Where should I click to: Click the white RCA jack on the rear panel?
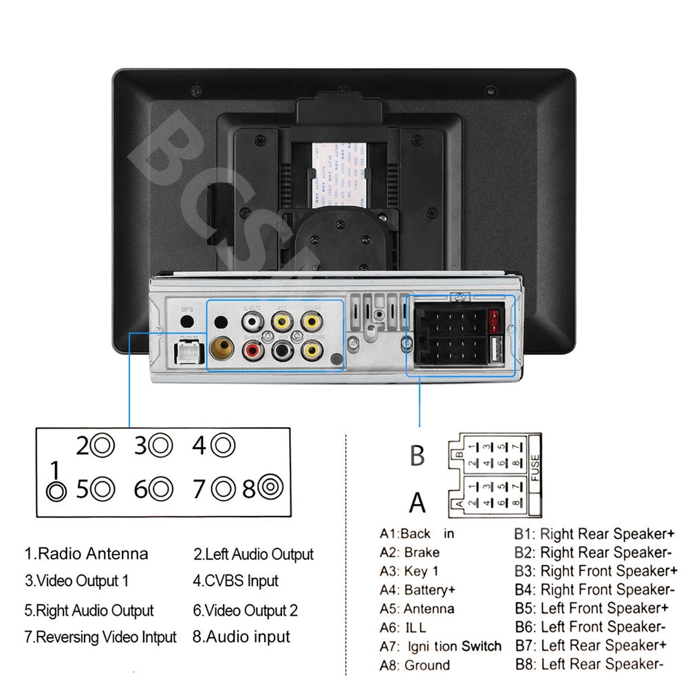(x=252, y=321)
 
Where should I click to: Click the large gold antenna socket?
(x=222, y=349)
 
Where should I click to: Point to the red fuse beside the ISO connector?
(x=493, y=317)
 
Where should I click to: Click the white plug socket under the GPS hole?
(x=187, y=353)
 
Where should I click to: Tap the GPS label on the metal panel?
(x=186, y=309)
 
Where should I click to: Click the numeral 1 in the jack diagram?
(x=56, y=471)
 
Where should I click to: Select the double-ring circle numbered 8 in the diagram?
(x=270, y=489)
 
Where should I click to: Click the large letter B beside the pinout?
(x=418, y=455)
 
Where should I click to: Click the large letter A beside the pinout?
(x=418, y=503)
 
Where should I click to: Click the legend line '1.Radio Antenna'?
(x=87, y=554)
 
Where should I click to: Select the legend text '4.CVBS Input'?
(x=236, y=581)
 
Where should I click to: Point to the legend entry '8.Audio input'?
(x=241, y=637)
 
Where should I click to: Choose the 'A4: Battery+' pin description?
(x=418, y=590)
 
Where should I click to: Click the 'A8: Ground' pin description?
(x=415, y=665)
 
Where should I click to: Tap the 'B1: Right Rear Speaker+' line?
(x=594, y=533)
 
